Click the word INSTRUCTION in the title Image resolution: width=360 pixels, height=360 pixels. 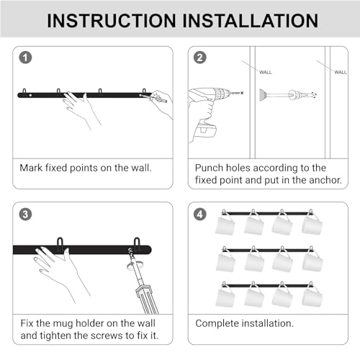click(112, 21)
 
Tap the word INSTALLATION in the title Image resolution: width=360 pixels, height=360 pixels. click(251, 21)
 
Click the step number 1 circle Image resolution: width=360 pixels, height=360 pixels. click(25, 58)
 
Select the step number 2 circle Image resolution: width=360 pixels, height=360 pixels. click(200, 58)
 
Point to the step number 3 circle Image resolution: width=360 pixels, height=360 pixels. click(25, 215)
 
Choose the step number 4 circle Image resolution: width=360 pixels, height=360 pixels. click(200, 215)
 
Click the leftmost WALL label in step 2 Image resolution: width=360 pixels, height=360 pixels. click(266, 72)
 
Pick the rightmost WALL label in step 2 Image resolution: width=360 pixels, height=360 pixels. click(341, 72)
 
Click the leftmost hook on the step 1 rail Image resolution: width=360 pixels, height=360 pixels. click(24, 92)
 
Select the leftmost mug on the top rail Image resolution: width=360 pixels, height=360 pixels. click(225, 225)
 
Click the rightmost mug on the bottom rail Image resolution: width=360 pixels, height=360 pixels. click(312, 297)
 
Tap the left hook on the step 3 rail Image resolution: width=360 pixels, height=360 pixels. click(60, 243)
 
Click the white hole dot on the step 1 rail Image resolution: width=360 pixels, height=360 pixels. click(30, 95)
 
